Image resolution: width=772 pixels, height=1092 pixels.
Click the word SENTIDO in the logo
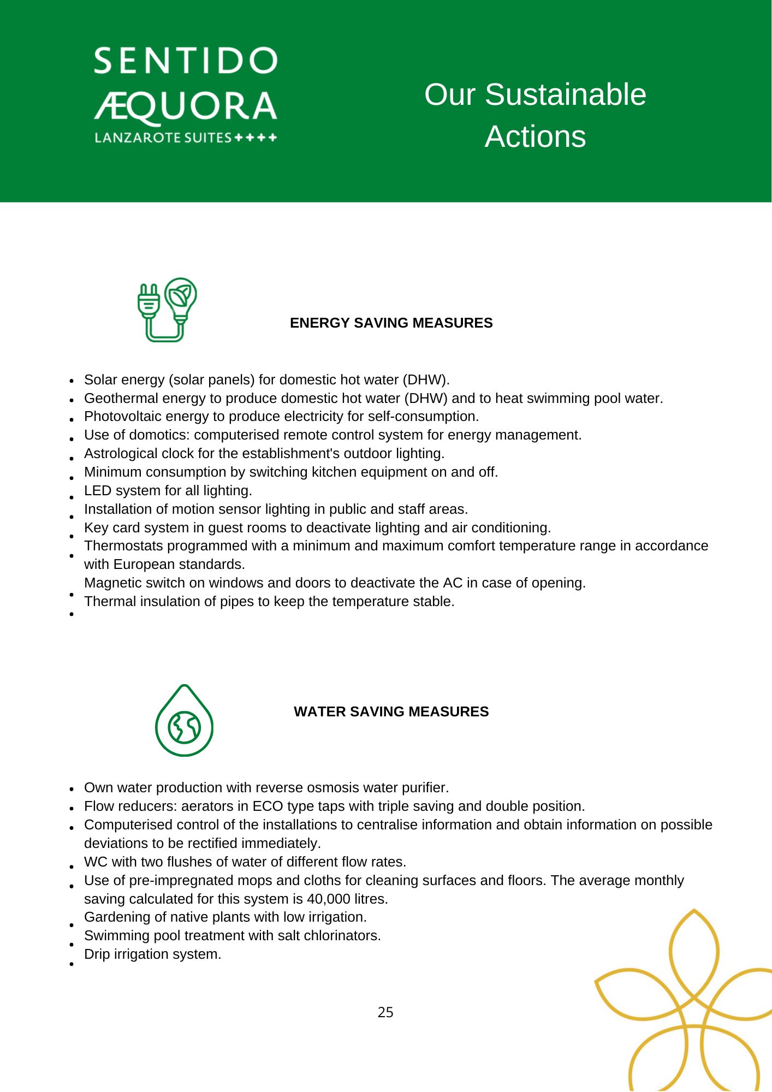tap(186, 61)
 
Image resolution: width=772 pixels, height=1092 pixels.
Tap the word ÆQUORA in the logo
tap(186, 106)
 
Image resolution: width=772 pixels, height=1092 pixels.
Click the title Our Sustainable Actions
tap(535, 115)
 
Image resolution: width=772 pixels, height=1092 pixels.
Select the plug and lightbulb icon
tap(167, 310)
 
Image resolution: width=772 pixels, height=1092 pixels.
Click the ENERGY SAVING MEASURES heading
tap(391, 323)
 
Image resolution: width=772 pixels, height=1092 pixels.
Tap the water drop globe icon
tap(184, 721)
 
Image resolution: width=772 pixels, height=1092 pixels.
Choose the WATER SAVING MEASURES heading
tap(391, 711)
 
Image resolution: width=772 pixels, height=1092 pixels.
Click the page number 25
tap(385, 1012)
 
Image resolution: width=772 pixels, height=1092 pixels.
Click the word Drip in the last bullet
tap(97, 954)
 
